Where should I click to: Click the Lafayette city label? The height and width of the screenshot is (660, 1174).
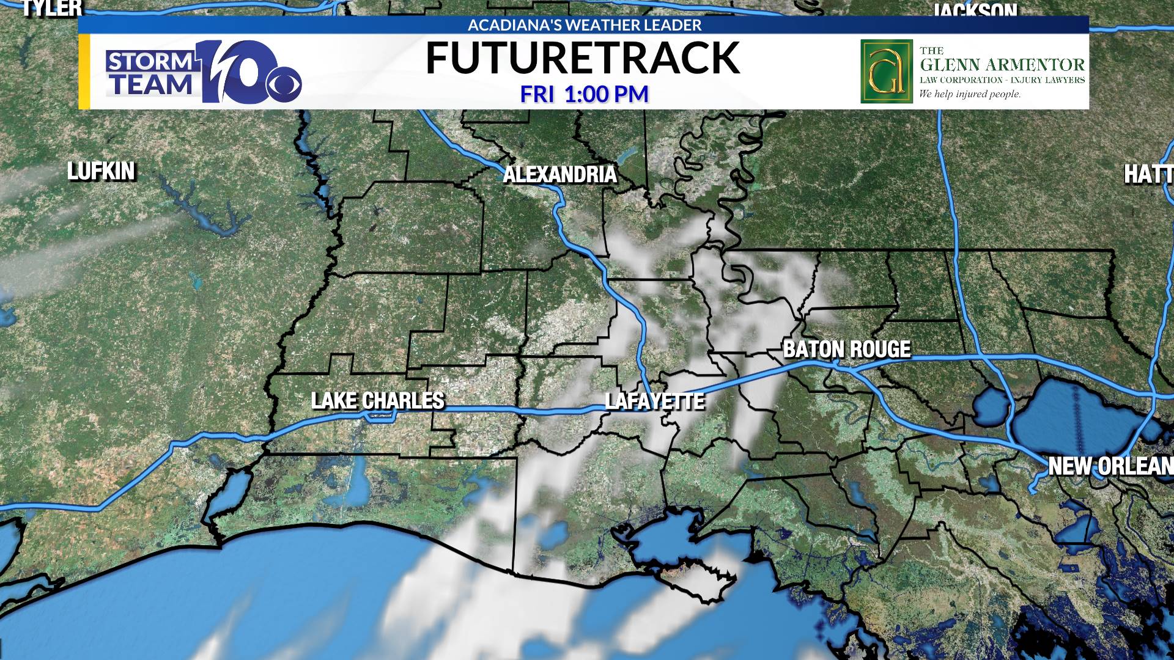click(654, 402)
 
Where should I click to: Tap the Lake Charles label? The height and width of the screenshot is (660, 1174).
click(377, 401)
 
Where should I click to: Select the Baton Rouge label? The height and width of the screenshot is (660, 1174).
click(847, 349)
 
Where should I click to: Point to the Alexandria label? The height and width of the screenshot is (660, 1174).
click(559, 175)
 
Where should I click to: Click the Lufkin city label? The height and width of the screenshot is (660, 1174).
click(101, 172)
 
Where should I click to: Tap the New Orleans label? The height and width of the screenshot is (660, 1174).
click(1109, 466)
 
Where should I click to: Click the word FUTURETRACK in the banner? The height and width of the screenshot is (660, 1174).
click(582, 59)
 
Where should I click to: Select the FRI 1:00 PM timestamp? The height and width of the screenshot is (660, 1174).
click(584, 95)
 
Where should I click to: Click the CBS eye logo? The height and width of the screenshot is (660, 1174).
click(284, 86)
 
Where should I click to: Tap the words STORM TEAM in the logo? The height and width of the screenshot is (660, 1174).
click(150, 73)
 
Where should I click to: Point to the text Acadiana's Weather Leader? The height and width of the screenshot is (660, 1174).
click(584, 25)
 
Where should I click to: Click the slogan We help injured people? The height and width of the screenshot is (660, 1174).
click(970, 94)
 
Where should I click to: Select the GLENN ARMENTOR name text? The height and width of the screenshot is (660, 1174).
click(1002, 65)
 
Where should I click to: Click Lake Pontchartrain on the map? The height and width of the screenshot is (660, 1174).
click(1076, 416)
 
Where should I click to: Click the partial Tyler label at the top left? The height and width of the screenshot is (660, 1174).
click(51, 8)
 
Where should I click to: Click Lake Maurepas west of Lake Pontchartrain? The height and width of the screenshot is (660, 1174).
click(991, 407)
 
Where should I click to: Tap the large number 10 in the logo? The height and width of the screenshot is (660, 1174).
click(235, 71)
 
